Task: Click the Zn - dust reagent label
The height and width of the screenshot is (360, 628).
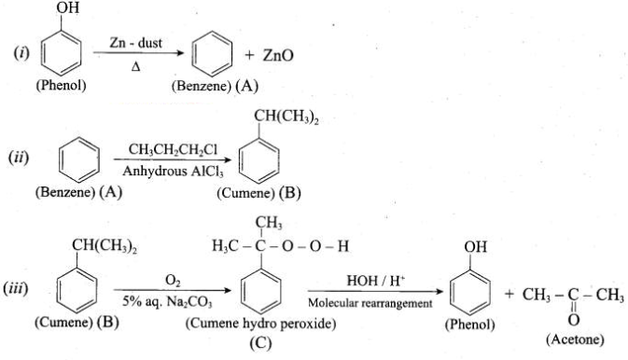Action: [136, 43]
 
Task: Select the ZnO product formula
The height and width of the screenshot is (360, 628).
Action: [278, 55]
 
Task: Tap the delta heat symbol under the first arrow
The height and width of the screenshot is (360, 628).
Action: [135, 67]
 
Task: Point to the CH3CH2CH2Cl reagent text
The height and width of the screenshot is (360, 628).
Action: [173, 150]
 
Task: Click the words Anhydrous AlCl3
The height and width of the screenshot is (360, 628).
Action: [173, 172]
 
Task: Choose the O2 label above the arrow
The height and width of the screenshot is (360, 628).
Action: [173, 281]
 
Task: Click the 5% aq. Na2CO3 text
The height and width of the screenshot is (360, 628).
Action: [167, 302]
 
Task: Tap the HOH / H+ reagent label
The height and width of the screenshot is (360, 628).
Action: [376, 281]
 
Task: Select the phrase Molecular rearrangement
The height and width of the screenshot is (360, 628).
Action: [370, 303]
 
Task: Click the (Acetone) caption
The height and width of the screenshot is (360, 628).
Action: [575, 339]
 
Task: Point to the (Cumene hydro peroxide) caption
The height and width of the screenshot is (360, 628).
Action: [260, 323]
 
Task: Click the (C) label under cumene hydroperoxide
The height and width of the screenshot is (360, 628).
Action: [260, 343]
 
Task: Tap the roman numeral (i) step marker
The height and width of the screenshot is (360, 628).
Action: [22, 53]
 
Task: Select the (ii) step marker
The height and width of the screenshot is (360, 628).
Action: [19, 157]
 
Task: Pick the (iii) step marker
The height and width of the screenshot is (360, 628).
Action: [16, 289]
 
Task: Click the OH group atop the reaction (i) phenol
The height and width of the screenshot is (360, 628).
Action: [68, 7]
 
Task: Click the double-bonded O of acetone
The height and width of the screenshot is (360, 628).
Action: [574, 320]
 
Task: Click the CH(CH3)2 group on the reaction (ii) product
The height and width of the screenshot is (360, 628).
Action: [286, 117]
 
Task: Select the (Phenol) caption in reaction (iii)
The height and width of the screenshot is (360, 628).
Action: [470, 324]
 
